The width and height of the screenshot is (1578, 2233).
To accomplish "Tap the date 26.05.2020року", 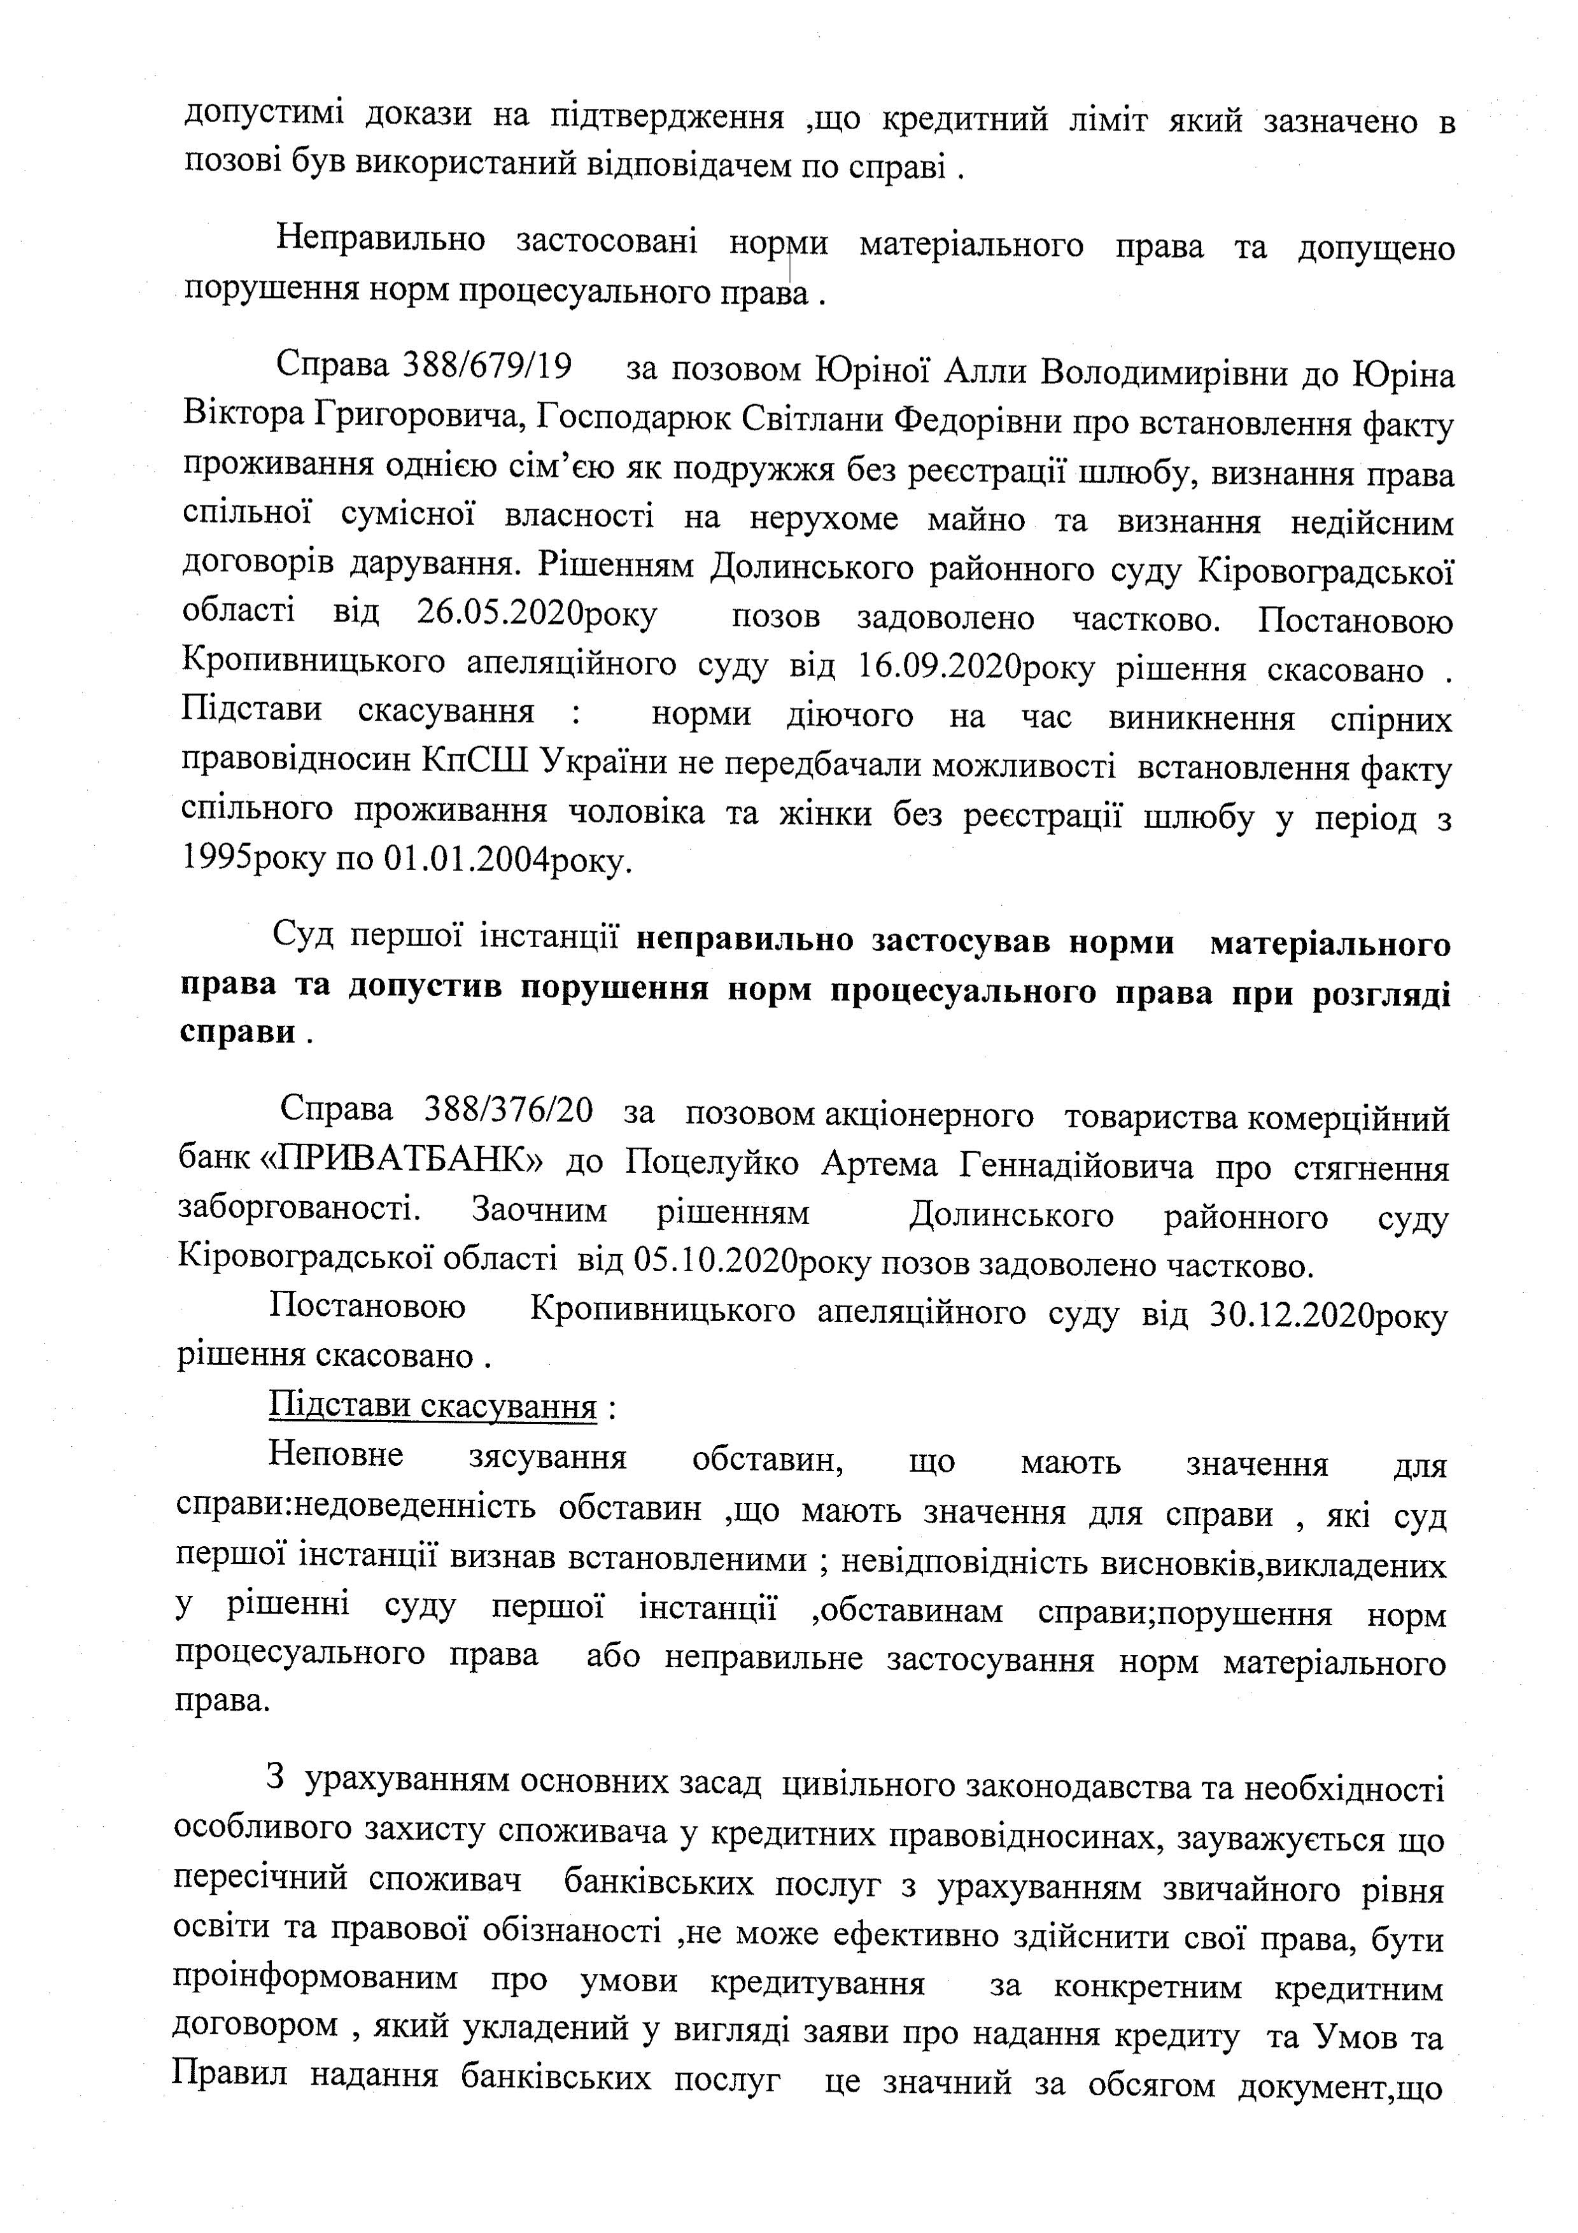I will [x=537, y=615].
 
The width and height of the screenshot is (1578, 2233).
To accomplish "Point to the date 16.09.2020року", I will [x=976, y=666].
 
